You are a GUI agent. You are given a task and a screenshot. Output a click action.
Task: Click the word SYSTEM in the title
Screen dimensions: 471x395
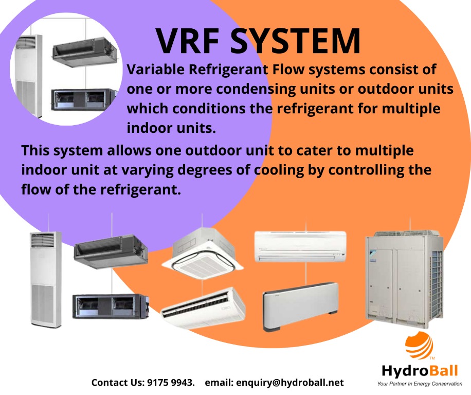pos(295,41)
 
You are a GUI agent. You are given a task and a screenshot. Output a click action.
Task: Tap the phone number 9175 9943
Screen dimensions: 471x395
pos(171,382)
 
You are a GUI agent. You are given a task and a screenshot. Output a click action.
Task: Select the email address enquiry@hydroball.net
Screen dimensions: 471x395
pos(290,383)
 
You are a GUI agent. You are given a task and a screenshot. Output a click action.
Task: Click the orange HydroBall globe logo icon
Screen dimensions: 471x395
pos(420,345)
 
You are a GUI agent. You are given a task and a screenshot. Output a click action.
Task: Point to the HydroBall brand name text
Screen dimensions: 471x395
pos(420,371)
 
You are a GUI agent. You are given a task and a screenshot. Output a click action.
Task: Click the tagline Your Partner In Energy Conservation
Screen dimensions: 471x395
pos(420,384)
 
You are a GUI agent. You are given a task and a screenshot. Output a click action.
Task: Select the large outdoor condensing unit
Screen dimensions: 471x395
pos(404,279)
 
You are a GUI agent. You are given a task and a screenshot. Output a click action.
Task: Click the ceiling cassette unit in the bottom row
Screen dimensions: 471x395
pos(203,253)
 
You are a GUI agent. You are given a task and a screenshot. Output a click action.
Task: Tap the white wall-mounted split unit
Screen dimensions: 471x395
pos(300,246)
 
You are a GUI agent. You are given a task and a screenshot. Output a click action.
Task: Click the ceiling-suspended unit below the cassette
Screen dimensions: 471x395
pos(203,307)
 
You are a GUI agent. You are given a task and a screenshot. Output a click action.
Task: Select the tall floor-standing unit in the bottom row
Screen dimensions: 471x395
pos(46,279)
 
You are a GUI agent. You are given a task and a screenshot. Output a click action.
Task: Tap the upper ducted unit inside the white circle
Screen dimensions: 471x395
pos(85,52)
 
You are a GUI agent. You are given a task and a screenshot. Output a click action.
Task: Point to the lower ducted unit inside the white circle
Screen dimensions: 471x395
pos(83,99)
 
